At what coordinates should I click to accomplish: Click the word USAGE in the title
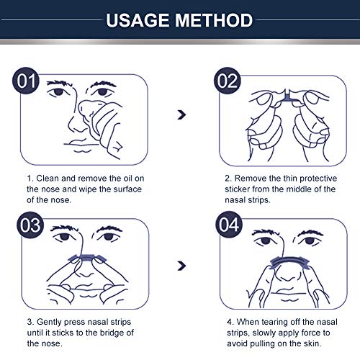pos(138,20)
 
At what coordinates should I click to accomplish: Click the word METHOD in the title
pos(214,20)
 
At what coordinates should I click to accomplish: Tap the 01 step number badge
pos(26,81)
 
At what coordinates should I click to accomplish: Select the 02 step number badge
pos(227,81)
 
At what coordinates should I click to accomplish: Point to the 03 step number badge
pos(30,225)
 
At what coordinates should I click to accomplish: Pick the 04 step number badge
pos(229,225)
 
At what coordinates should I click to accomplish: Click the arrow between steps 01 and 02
pos(181,114)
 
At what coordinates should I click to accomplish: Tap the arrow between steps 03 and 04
pos(181,266)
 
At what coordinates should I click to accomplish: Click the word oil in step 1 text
pos(127,179)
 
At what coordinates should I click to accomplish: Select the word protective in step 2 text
pos(318,179)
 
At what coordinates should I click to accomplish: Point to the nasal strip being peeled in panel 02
pos(287,97)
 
